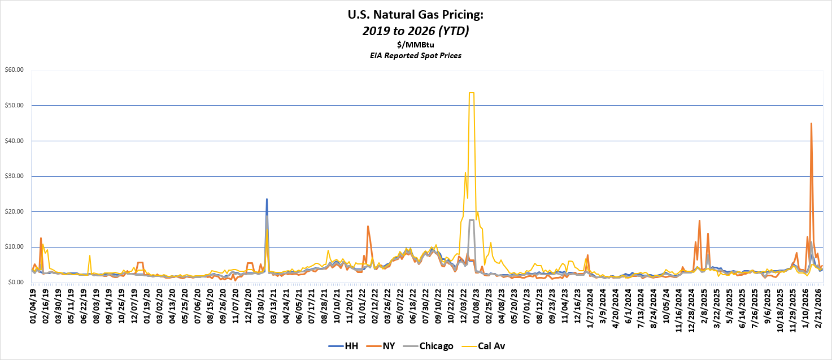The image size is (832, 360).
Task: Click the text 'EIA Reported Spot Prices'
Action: point(416,55)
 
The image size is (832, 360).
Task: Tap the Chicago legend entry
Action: point(432,346)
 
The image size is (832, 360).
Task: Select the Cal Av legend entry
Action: point(488,346)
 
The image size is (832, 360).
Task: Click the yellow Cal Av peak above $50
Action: point(472,93)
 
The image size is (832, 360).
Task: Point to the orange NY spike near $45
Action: point(811,124)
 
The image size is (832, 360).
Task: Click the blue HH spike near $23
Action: point(267,199)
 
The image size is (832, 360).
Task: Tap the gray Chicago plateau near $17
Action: point(472,220)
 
